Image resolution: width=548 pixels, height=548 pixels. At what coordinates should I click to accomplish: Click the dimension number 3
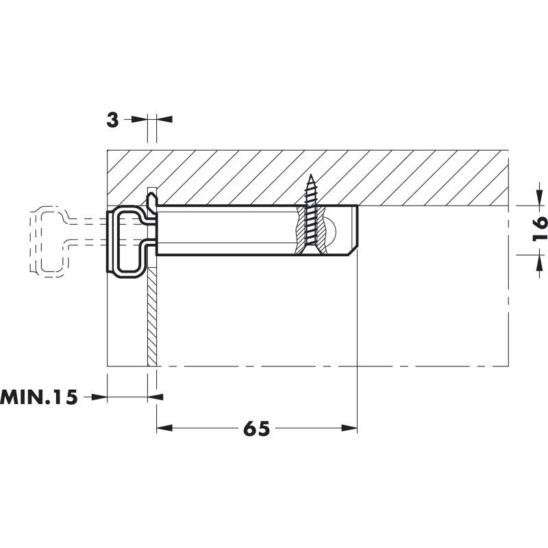click(x=112, y=121)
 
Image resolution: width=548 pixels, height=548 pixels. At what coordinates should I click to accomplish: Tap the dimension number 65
click(x=256, y=429)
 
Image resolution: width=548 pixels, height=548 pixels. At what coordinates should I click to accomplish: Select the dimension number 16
click(x=539, y=229)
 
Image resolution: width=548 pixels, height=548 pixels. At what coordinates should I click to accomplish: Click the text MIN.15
click(x=39, y=397)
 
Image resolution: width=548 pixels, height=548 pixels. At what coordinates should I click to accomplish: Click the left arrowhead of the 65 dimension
click(x=164, y=428)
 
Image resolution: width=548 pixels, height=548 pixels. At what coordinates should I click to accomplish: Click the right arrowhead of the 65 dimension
click(x=349, y=428)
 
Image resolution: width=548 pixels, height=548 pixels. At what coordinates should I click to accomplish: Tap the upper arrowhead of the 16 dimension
click(x=539, y=198)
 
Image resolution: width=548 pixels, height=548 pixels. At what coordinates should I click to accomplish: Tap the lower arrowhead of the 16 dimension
click(x=539, y=263)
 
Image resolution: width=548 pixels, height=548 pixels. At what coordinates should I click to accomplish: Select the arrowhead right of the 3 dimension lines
click(x=164, y=119)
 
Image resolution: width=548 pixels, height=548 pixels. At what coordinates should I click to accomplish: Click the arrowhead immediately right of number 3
click(x=139, y=119)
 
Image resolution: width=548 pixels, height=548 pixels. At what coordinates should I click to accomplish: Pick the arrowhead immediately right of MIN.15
click(x=99, y=397)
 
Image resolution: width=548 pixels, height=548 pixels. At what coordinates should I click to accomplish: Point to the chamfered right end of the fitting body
click(x=352, y=251)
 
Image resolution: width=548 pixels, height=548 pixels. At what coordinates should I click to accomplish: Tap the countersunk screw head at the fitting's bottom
click(x=310, y=249)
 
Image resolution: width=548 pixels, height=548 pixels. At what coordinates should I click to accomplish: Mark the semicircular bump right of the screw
click(x=331, y=230)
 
